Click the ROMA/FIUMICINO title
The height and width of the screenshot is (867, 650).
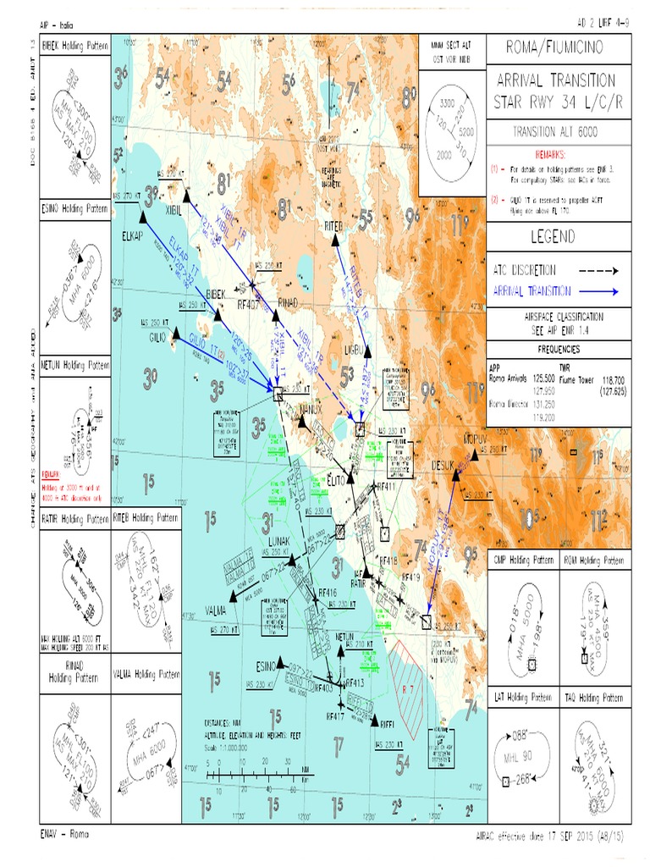(558, 47)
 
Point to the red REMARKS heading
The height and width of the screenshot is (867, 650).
(558, 156)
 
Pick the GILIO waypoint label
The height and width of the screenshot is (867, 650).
(159, 337)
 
